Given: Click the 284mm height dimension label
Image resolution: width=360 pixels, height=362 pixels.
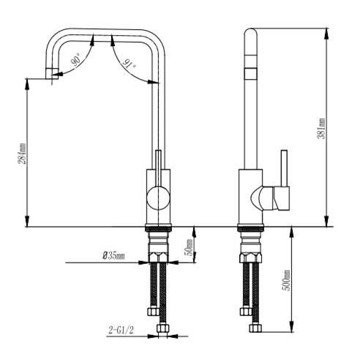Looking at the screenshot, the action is pos(23,154).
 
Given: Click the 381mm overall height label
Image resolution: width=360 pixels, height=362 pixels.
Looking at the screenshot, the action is pos(321,129).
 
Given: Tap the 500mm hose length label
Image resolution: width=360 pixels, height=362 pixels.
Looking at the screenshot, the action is pos(286,280).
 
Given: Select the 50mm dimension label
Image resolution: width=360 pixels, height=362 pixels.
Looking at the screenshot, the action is pos(189,246).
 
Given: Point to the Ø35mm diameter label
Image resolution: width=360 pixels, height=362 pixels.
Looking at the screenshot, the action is pos(113,256).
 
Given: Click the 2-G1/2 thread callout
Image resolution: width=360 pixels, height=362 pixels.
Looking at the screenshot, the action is pos(121,331).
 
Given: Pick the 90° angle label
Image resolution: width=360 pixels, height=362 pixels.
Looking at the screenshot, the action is pos(76,60).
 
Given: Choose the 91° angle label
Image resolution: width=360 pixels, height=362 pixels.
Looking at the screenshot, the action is pos(130,64).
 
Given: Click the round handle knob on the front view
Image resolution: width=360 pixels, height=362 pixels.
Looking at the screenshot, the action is pos(159,197).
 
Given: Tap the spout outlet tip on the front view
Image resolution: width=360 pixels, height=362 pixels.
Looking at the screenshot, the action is pos(52,74).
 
